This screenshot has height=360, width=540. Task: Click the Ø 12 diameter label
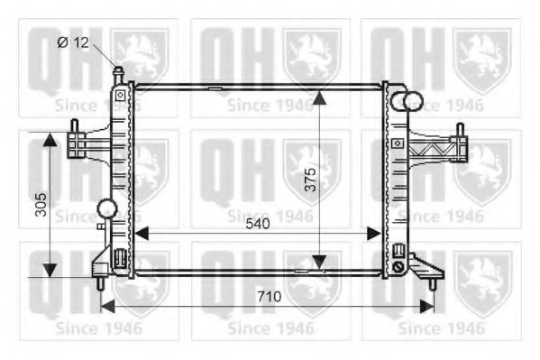pyautogui.click(x=75, y=42)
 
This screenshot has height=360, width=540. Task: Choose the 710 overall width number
pyautogui.click(x=267, y=295)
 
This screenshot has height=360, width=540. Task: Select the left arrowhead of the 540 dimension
pyautogui.click(x=141, y=234)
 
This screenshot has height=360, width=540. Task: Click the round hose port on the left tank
pyautogui.click(x=108, y=209)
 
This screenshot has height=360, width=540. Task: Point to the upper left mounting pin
pyautogui.click(x=75, y=127)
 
